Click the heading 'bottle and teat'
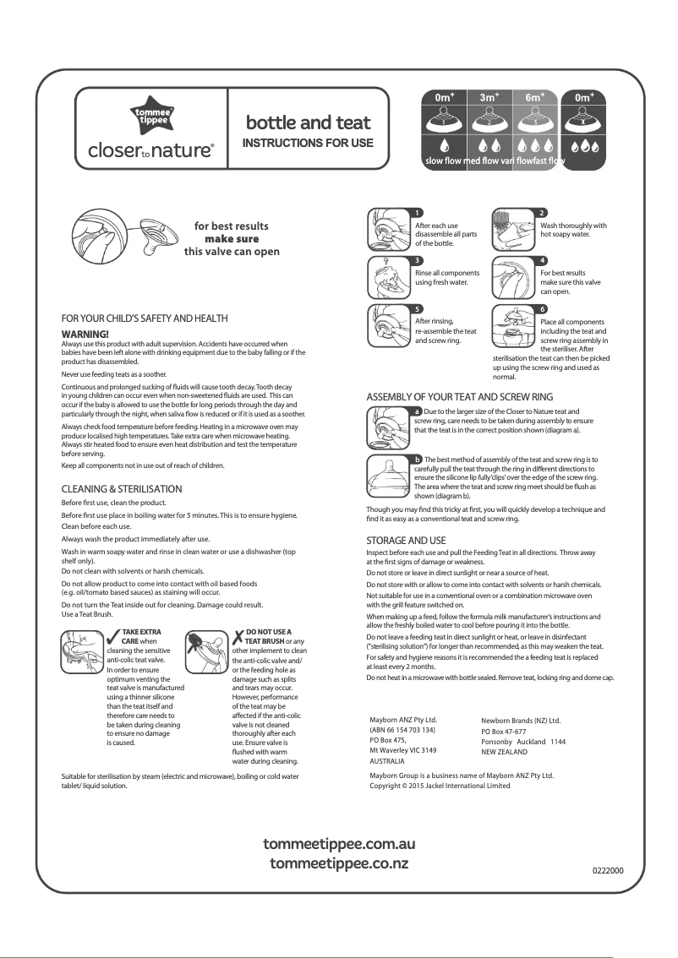pos(308,123)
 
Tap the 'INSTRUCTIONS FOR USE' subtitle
pos(308,143)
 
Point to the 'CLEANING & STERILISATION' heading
pos(122,489)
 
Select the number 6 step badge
pos(542,309)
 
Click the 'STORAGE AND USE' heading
pos(406,540)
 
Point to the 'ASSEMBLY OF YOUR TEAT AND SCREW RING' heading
pos(459,396)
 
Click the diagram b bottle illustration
pos(387,476)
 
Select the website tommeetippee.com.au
pos(339,845)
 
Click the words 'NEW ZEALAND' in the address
pos(504,751)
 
